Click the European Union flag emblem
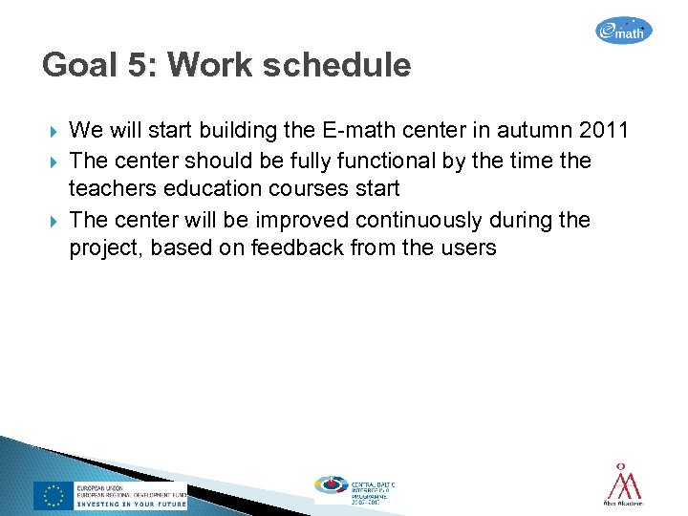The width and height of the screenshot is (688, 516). coord(54,494)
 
